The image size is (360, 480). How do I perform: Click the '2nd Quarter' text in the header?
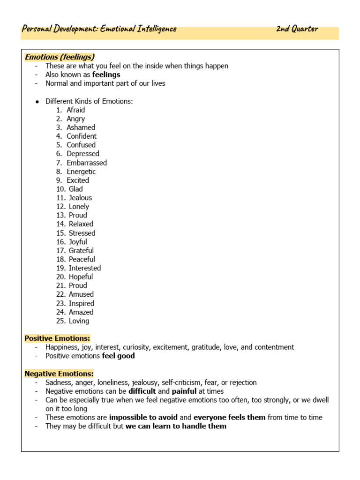point(297,29)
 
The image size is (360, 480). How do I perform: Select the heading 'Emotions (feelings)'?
point(60,57)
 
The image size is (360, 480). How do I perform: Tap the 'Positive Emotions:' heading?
point(57,338)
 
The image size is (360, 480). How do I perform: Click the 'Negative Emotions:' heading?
point(59,374)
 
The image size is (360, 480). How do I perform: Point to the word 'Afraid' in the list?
point(76,110)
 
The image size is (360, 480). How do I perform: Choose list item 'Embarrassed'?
point(87,163)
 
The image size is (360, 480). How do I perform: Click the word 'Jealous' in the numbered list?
point(80,198)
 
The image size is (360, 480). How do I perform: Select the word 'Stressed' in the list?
point(82,233)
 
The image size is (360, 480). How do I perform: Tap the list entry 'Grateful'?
point(81,250)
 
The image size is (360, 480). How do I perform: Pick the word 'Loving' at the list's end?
point(79,321)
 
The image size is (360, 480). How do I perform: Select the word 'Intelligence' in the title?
point(157,29)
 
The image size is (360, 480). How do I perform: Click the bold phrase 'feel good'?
point(118,356)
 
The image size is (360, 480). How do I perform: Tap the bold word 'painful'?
point(184,391)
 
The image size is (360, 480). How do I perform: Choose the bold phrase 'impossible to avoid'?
point(143,417)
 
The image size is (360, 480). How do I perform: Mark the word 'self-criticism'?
point(183,382)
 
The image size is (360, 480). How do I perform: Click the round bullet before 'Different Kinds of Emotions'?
point(37,101)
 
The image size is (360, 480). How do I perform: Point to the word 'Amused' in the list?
point(81,294)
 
